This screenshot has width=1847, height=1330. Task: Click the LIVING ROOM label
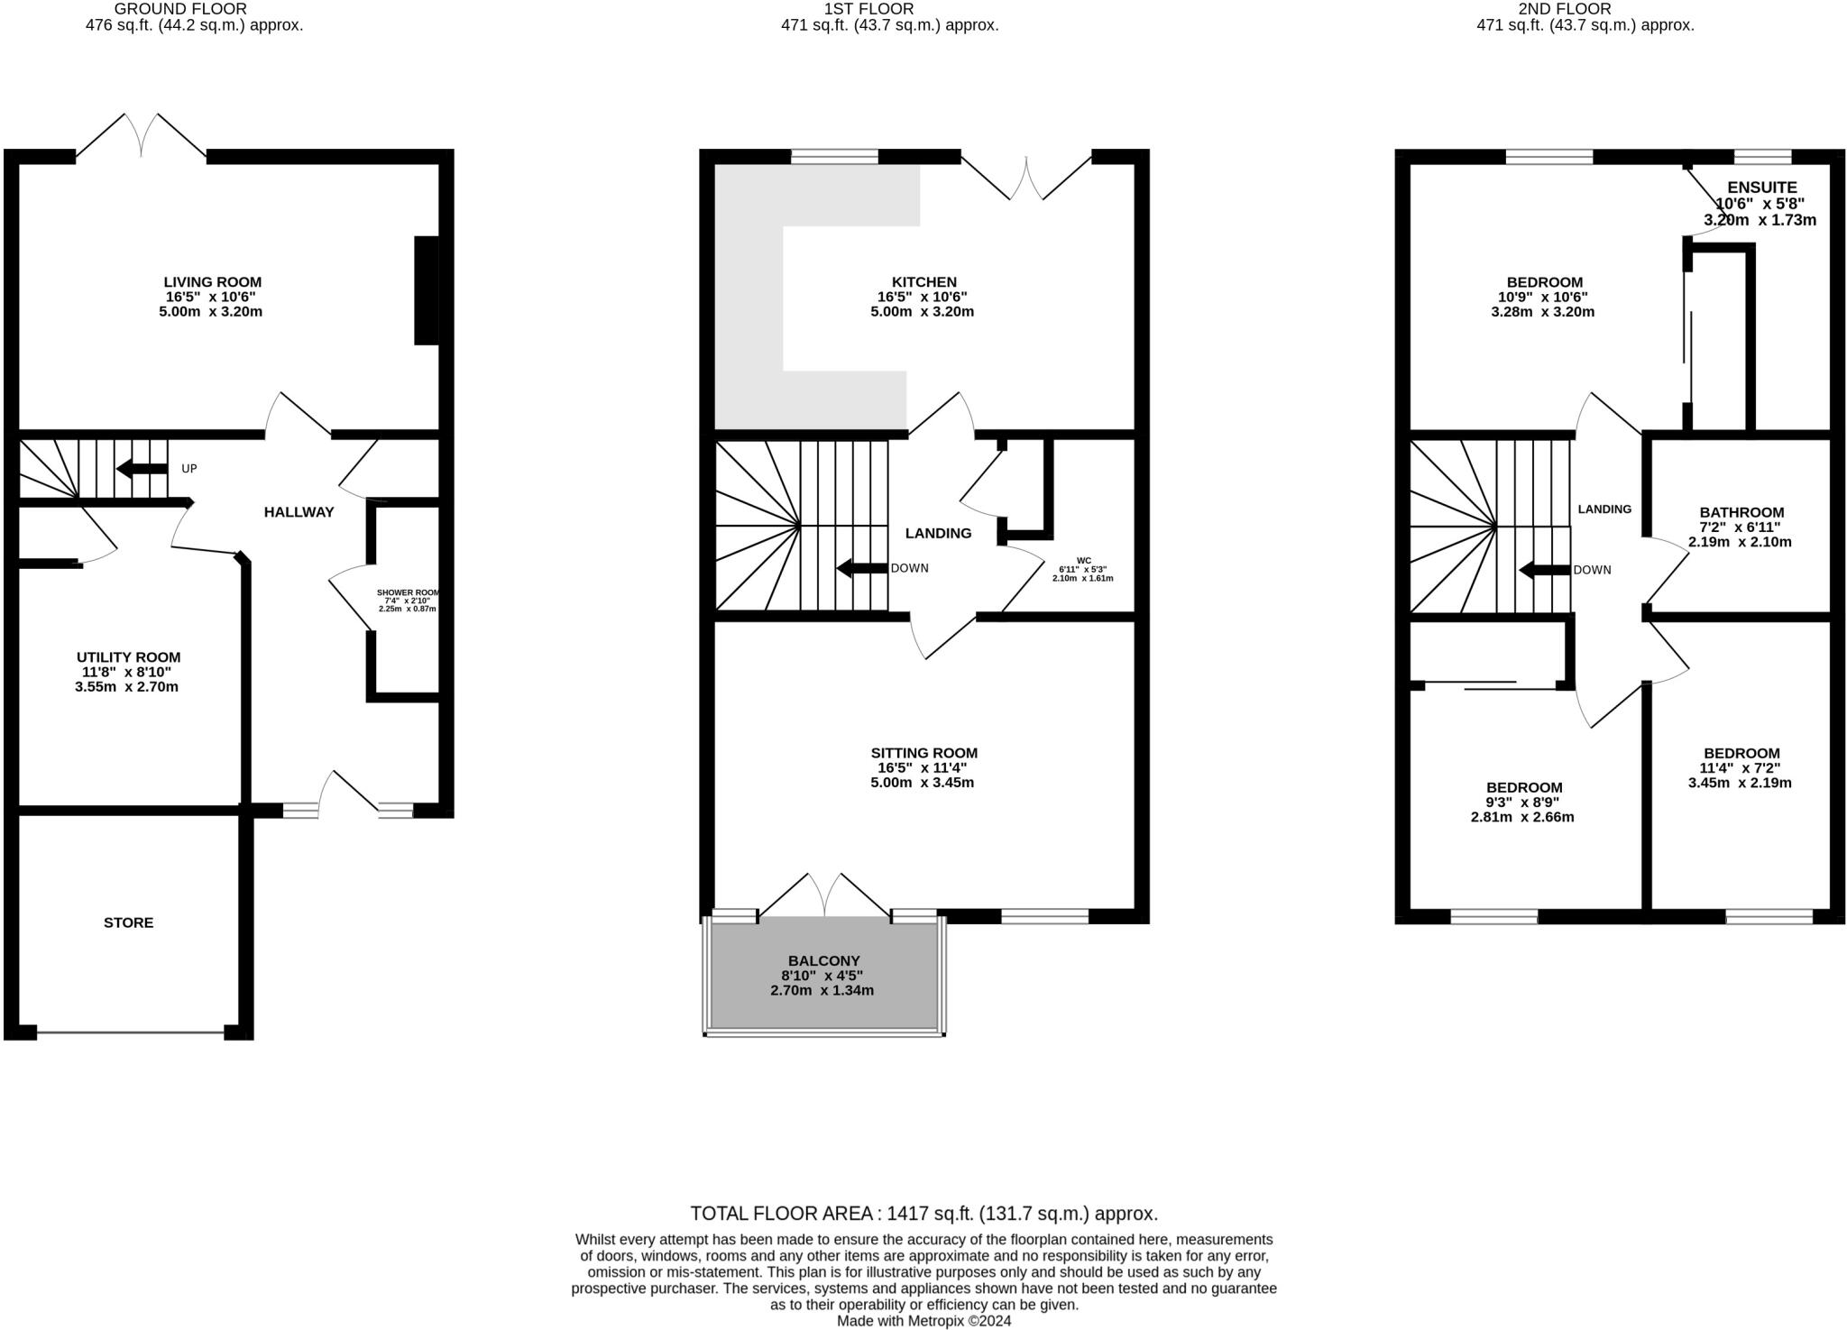213,282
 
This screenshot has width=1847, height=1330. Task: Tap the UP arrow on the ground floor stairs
142,469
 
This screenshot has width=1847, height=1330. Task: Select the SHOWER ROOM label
408,593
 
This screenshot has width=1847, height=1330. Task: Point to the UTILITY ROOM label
128,657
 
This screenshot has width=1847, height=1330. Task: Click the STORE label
129,922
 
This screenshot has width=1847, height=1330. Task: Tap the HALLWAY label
299,512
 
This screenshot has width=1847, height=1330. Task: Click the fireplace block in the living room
426,290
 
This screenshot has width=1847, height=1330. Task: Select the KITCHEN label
924,282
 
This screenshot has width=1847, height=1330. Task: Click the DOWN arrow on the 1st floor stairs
862,569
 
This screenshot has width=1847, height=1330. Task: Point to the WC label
1082,559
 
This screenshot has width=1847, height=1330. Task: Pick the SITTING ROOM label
924,753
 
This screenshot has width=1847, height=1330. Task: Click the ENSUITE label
1761,188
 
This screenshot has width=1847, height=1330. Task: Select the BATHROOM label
1741,512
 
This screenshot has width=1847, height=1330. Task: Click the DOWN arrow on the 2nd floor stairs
1545,571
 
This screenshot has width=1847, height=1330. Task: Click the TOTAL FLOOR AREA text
923,1213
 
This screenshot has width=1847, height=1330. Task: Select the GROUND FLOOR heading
193,9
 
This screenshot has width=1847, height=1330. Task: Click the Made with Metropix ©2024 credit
923,1321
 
